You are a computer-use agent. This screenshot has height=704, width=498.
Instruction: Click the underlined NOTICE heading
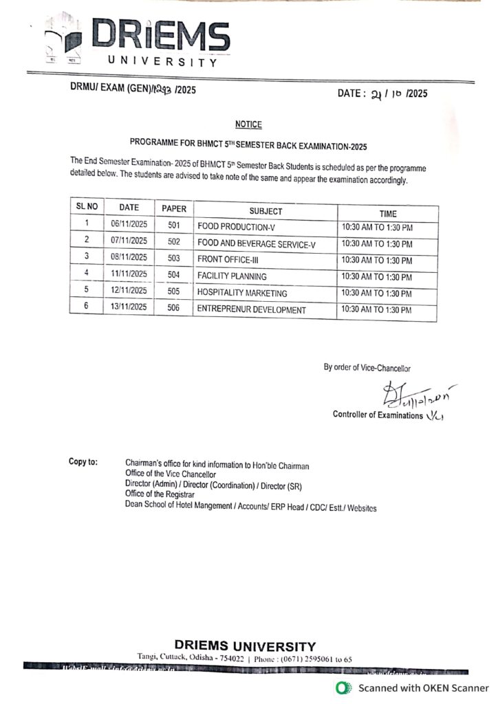pos(248,124)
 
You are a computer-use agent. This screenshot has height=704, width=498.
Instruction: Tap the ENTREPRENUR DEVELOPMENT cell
pos(252,310)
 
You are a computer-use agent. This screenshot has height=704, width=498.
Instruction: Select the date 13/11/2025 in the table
pos(129,307)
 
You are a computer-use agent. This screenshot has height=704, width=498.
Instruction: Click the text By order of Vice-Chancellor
pos(367,368)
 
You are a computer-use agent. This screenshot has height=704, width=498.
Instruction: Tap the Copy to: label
pos(83,461)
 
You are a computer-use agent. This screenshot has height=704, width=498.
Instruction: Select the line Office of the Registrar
pos(160,494)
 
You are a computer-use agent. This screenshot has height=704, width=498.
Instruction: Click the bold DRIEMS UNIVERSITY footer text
pos(245,646)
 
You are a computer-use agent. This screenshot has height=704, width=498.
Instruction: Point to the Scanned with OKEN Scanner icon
pos(342,688)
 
